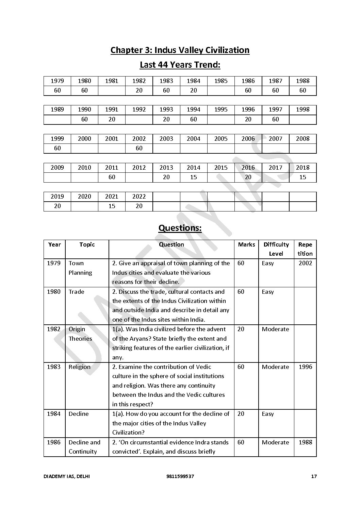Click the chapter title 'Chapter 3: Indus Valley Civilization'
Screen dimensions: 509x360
point(180,50)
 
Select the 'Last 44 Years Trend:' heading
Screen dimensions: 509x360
point(180,65)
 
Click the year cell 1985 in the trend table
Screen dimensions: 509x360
point(221,81)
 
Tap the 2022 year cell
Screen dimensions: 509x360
point(139,197)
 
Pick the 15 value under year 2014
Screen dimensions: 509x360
point(193,177)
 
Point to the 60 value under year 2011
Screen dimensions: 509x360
point(112,177)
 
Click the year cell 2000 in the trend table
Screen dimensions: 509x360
point(84,139)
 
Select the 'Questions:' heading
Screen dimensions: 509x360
point(180,228)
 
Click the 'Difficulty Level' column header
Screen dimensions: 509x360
point(276,249)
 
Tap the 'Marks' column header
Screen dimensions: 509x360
point(246,244)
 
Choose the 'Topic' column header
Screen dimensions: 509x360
point(87,244)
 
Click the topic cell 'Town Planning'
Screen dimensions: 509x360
point(80,268)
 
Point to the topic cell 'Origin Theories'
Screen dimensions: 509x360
point(80,334)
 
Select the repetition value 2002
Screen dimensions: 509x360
point(305,263)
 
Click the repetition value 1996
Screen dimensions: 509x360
point(305,367)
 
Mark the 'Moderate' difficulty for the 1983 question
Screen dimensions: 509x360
point(275,367)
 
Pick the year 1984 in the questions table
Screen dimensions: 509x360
point(54,414)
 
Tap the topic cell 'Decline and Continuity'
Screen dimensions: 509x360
point(84,447)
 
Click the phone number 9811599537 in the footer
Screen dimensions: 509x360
point(180,476)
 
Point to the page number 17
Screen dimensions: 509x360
point(314,476)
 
